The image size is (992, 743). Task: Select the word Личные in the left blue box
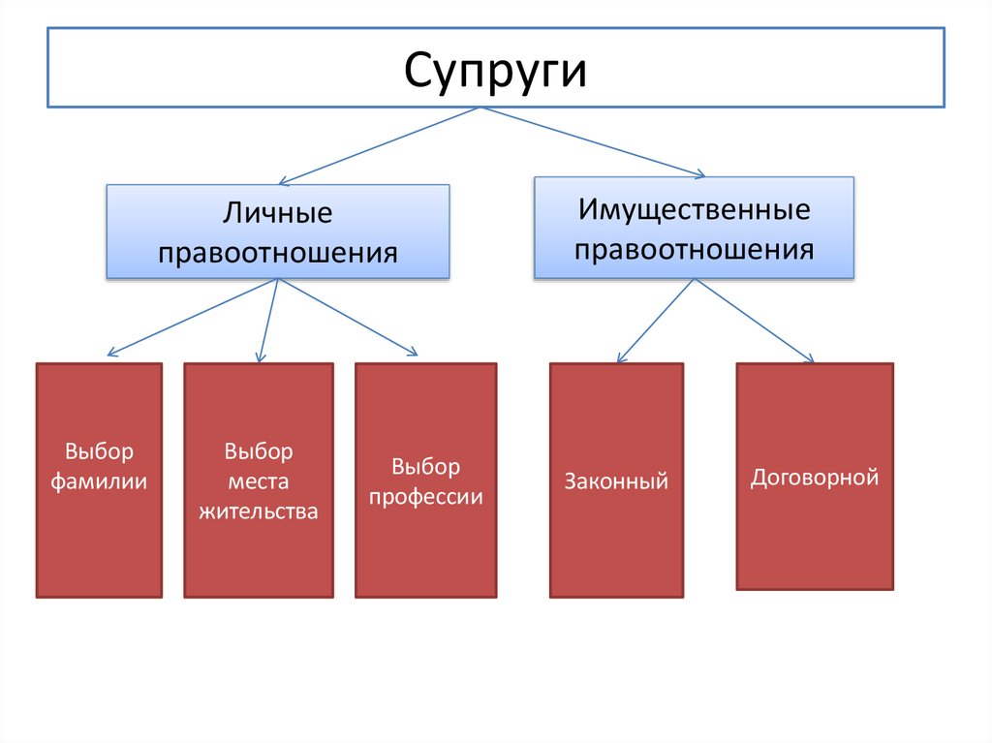(x=278, y=212)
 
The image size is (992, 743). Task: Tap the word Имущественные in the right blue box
(x=694, y=208)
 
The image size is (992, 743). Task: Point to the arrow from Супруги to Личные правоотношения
(x=379, y=145)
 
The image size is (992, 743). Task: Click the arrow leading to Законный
(x=655, y=321)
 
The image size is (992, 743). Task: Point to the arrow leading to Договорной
(x=754, y=321)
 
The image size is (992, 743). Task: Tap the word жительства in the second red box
(x=259, y=510)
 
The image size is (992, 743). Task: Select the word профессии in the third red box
(x=425, y=498)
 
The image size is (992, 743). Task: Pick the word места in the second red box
(x=259, y=480)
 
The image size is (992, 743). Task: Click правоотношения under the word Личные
(x=278, y=253)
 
